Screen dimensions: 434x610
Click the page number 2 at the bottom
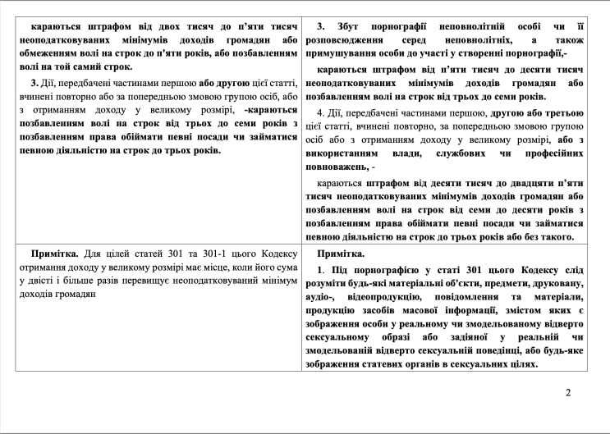568,392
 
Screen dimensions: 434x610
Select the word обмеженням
50,53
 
